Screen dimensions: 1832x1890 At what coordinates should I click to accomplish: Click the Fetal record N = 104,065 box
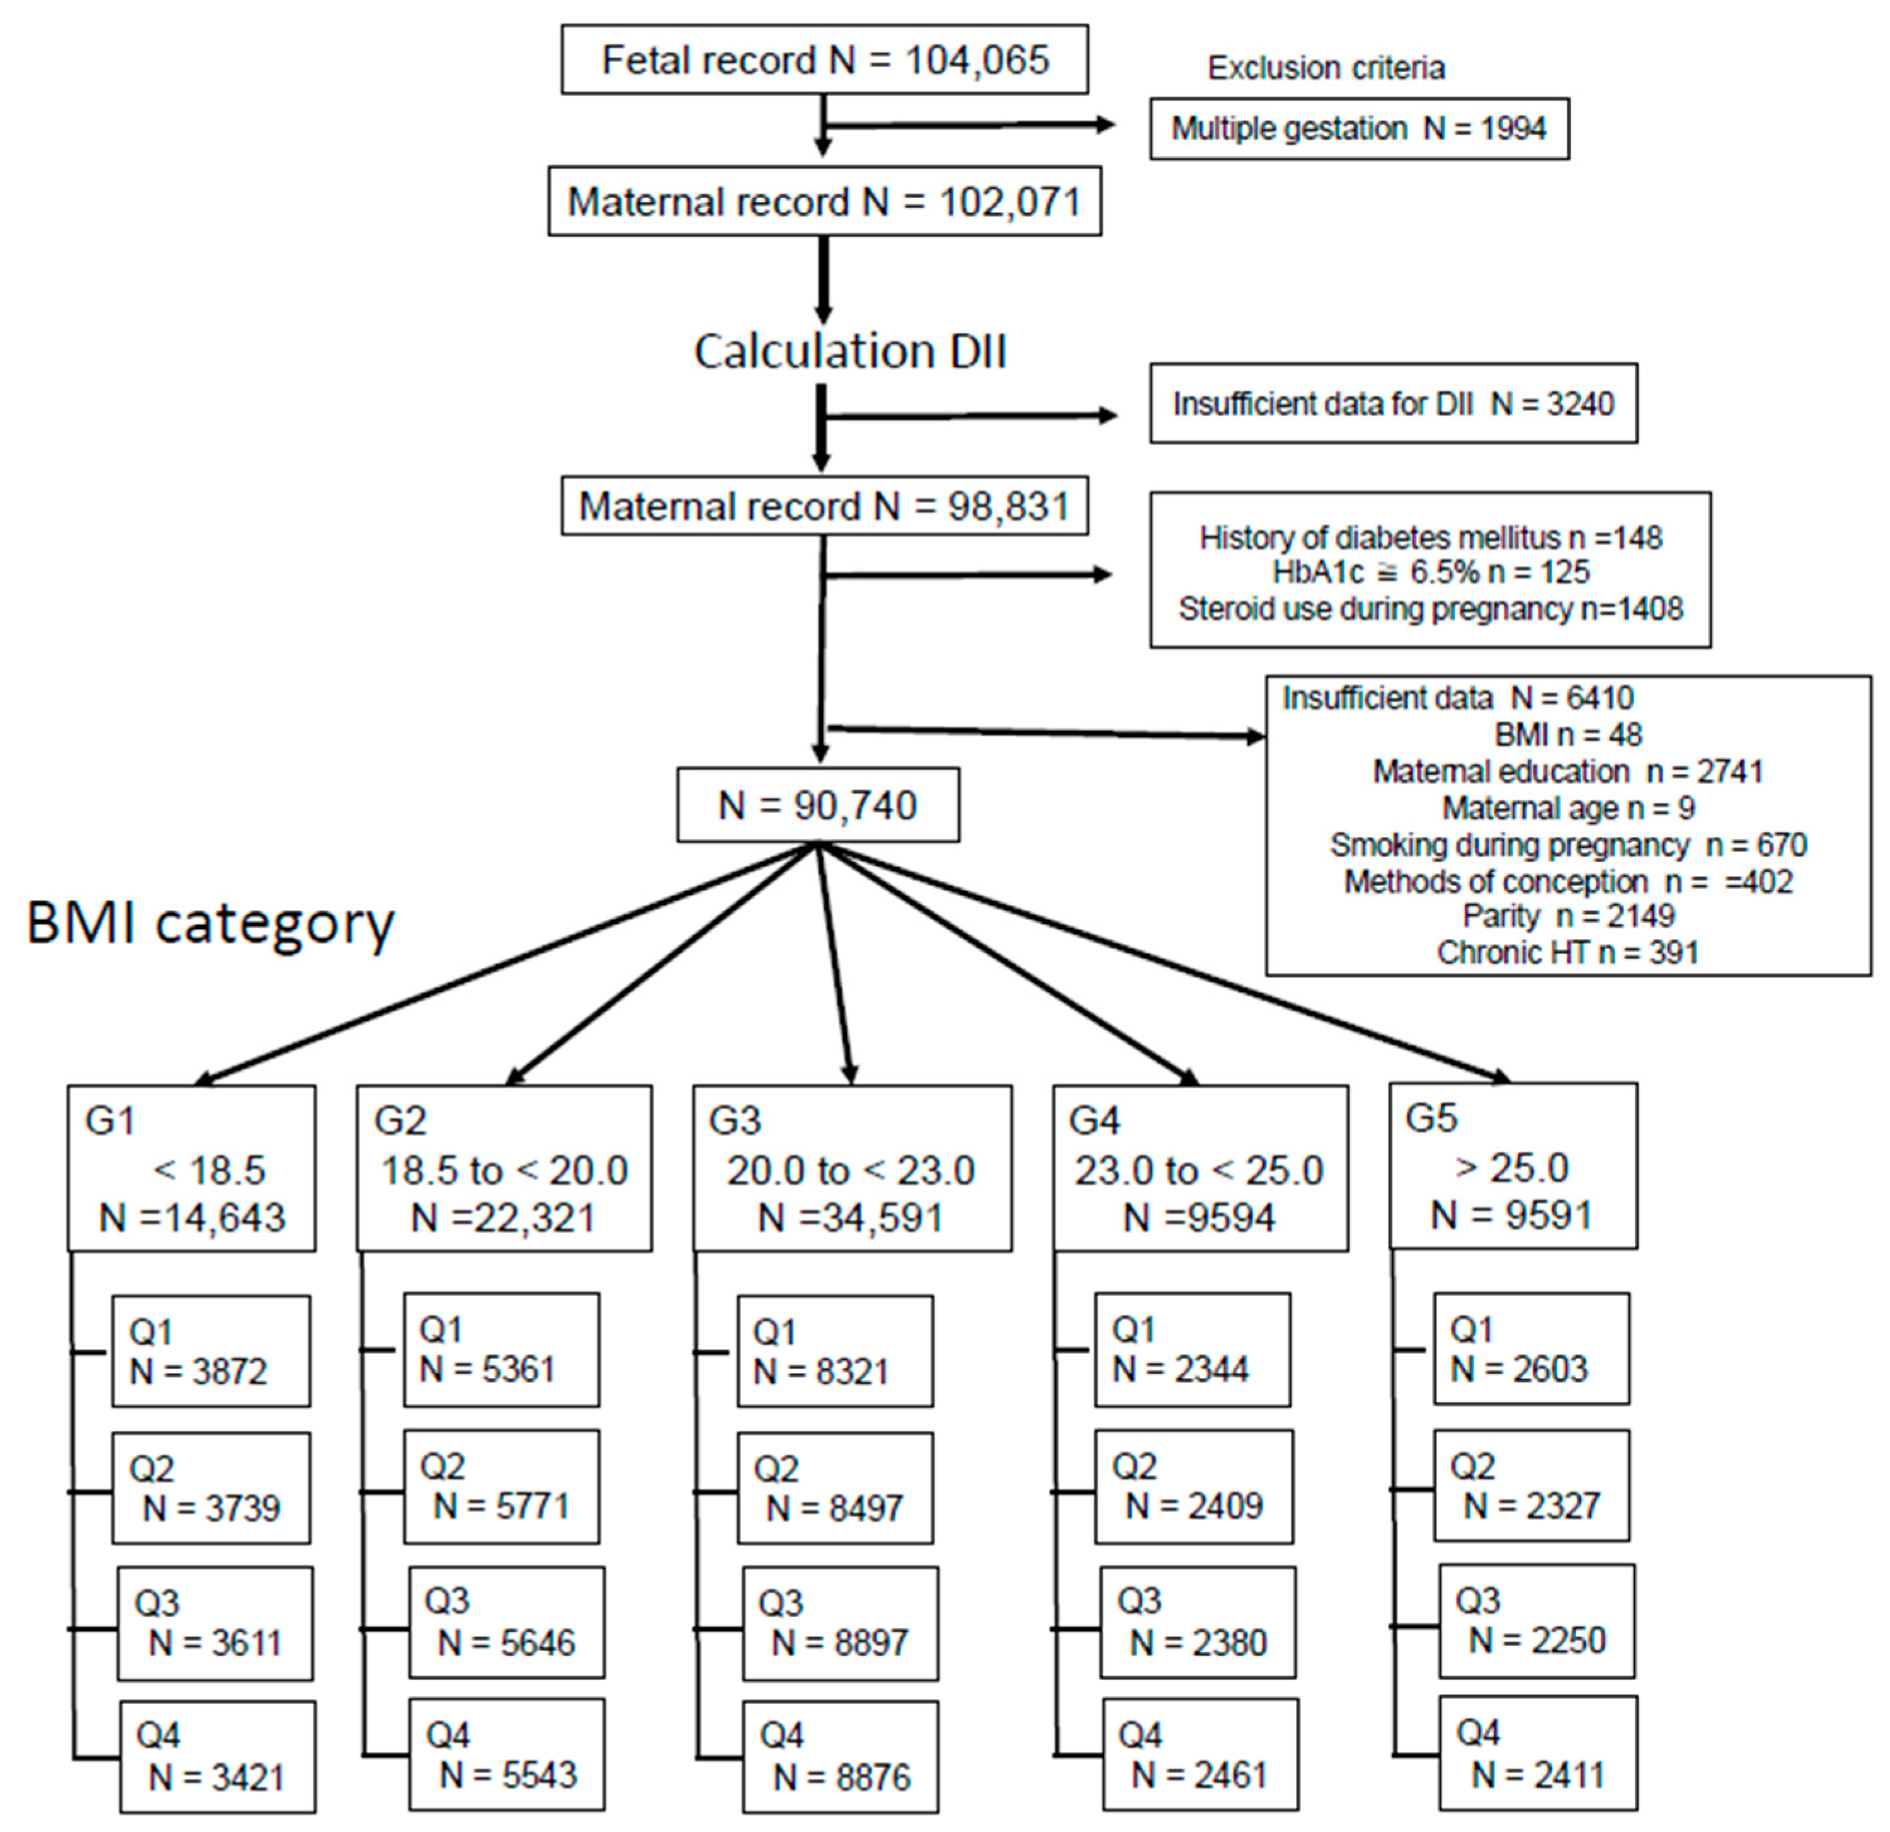click(x=824, y=60)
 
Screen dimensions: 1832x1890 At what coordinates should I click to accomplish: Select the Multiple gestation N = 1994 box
click(x=1358, y=128)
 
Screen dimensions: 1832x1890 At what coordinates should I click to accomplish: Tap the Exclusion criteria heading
click(x=1326, y=67)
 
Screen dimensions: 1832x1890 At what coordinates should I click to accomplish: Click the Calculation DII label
click(x=849, y=351)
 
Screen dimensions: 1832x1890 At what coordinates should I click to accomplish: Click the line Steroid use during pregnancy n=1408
click(x=1430, y=609)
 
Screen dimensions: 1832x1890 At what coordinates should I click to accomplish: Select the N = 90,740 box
click(x=818, y=805)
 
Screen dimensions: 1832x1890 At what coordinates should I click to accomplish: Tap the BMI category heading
click(x=210, y=923)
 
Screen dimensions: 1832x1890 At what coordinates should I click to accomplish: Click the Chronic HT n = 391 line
click(x=1567, y=953)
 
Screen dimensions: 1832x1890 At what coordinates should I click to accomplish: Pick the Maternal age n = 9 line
click(x=1568, y=807)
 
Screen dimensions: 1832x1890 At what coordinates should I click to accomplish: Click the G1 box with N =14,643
click(x=191, y=1168)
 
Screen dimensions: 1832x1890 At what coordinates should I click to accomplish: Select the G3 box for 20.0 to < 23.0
click(x=851, y=1168)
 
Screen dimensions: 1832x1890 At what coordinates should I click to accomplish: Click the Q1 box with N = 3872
click(x=210, y=1351)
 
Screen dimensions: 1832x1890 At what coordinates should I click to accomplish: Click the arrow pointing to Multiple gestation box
click(x=969, y=124)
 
